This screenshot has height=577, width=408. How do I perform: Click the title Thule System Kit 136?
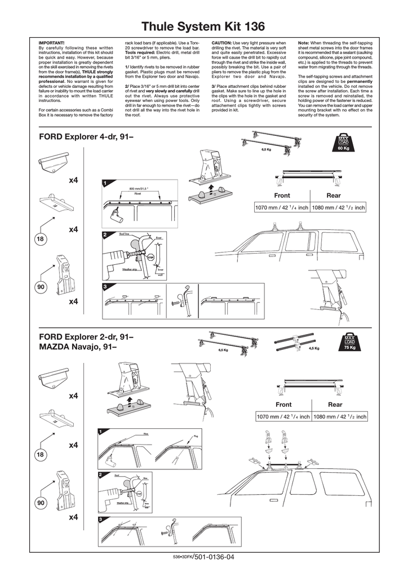click(203, 26)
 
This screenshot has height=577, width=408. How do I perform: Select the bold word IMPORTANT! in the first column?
click(51, 43)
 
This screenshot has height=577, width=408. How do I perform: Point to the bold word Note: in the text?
click(304, 43)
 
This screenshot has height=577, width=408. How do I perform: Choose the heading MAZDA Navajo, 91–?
click(78, 347)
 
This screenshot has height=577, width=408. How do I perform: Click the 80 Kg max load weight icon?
click(344, 144)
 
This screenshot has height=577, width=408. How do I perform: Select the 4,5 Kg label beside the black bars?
click(314, 348)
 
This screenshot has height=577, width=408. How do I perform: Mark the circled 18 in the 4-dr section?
click(41, 239)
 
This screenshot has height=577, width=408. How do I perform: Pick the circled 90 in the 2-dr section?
click(41, 501)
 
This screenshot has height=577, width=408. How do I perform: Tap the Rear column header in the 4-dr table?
click(334, 196)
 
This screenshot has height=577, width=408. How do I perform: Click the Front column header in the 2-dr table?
click(283, 405)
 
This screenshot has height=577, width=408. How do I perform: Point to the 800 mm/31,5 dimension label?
click(138, 189)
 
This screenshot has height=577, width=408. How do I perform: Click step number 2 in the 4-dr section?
click(105, 234)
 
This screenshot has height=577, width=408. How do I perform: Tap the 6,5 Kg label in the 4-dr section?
click(267, 150)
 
